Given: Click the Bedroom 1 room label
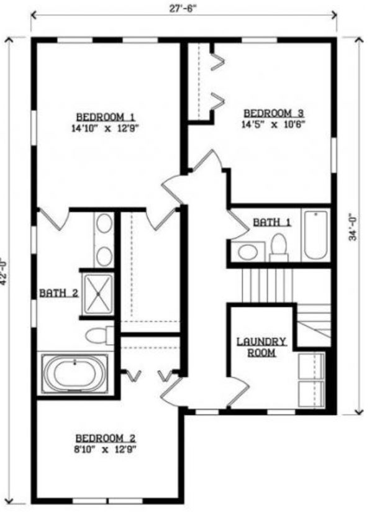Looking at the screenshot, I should [106, 117].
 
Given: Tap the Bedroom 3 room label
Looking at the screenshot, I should [274, 113].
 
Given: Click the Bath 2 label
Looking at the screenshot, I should [58, 292].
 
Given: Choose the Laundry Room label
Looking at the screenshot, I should [261, 347].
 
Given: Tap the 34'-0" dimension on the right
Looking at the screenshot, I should [352, 227].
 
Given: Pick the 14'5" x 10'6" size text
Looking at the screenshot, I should [274, 124].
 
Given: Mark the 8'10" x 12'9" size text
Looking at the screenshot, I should [106, 448].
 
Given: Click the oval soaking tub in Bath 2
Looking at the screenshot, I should [75, 374].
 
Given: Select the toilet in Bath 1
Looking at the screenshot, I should [279, 247].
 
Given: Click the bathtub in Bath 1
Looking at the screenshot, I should [315, 235].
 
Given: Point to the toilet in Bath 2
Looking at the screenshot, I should [99, 336].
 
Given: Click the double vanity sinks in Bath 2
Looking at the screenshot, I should [104, 239].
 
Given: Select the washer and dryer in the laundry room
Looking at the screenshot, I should [311, 380].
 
